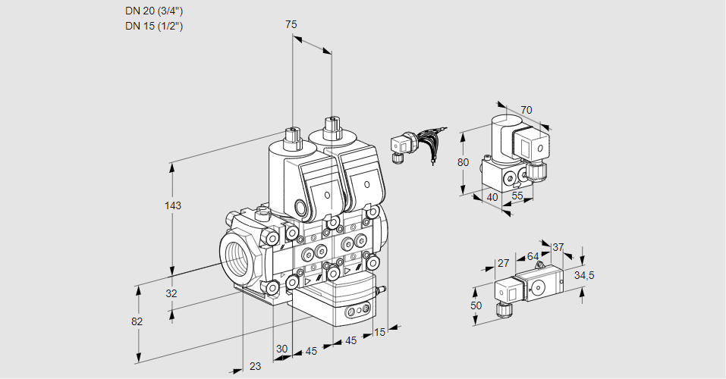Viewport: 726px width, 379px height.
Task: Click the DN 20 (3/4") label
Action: (x=154, y=11)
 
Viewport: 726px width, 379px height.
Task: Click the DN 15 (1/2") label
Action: (x=154, y=26)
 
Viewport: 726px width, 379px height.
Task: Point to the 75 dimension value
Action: (x=291, y=24)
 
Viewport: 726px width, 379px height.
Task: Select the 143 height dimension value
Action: (x=174, y=205)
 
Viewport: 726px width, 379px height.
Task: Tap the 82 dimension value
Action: (x=137, y=321)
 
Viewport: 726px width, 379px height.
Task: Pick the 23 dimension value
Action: (x=255, y=366)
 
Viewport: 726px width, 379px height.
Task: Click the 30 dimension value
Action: (x=281, y=349)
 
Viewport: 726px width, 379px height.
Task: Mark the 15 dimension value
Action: (x=380, y=332)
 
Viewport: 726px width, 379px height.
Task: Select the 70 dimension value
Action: (x=526, y=110)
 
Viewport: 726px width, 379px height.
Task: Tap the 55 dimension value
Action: (x=518, y=196)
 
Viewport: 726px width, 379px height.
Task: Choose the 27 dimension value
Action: (x=502, y=263)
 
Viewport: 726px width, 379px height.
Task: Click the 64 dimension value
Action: (x=533, y=256)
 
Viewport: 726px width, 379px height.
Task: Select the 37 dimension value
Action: (x=558, y=247)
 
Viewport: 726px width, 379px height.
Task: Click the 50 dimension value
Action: (x=476, y=305)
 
